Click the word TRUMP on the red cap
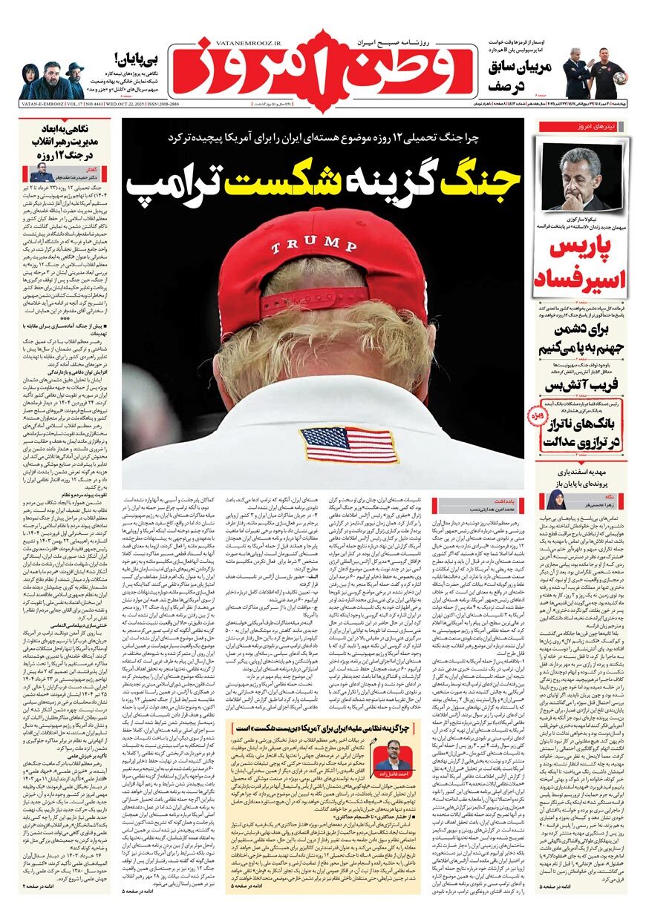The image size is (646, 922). tap(310, 244)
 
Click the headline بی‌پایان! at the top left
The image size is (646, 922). tap(140, 57)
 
